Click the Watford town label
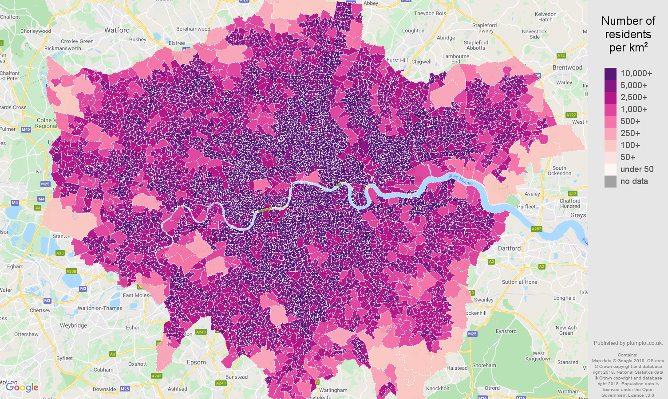click(117, 30)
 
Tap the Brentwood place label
click(567, 67)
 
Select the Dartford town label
click(509, 248)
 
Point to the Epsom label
click(196, 362)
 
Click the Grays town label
click(578, 215)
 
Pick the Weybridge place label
click(73, 325)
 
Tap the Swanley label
click(484, 300)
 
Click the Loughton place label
click(413, 31)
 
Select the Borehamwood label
click(193, 29)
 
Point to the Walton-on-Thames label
click(99, 308)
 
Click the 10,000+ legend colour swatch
click(610, 74)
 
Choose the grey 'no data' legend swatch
click(610, 181)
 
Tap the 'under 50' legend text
click(636, 169)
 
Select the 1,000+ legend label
click(633, 109)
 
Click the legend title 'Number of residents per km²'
click(628, 34)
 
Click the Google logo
click(22, 387)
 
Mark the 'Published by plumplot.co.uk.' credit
click(628, 343)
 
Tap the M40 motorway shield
click(25, 129)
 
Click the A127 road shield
click(571, 115)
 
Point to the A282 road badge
click(536, 229)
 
